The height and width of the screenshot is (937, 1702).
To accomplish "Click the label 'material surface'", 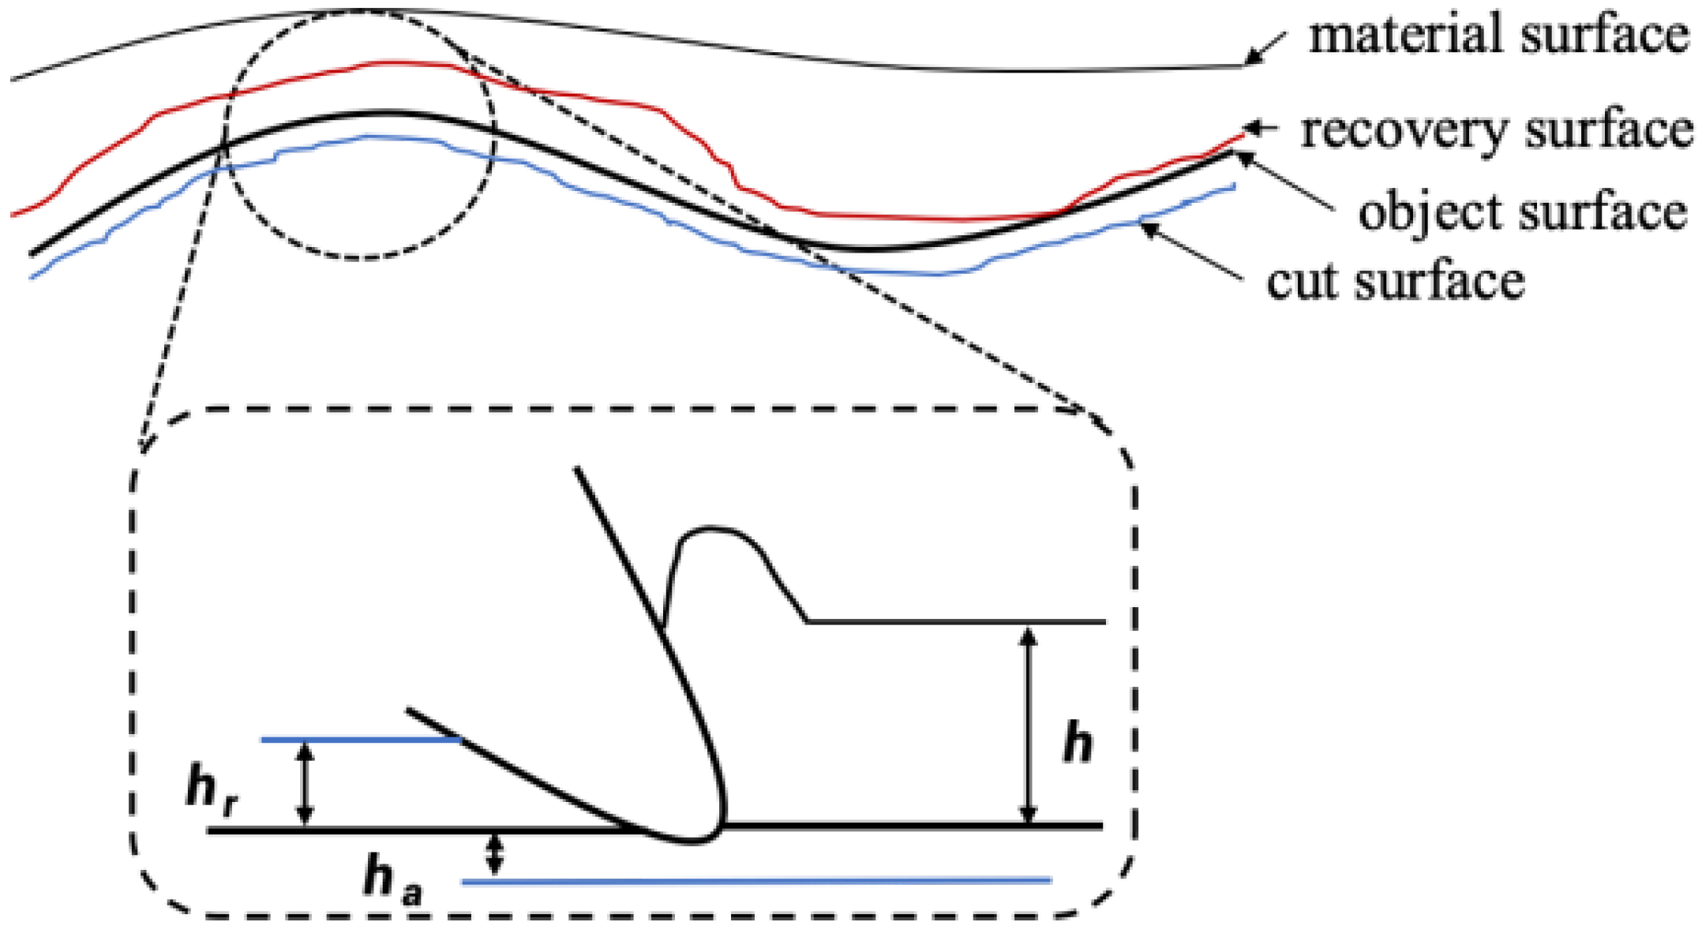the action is pos(1498,36).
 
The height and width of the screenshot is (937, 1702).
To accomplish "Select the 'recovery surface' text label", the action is pos(1497,130).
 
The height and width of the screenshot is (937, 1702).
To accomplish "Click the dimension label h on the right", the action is pos(1078,743).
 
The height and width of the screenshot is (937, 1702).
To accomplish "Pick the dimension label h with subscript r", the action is pos(212,789).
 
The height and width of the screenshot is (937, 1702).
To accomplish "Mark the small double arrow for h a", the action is pos(494,855).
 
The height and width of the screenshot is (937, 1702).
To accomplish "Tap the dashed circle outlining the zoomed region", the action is pos(359,257).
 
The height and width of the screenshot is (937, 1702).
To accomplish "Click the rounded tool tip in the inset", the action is pos(695,837).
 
